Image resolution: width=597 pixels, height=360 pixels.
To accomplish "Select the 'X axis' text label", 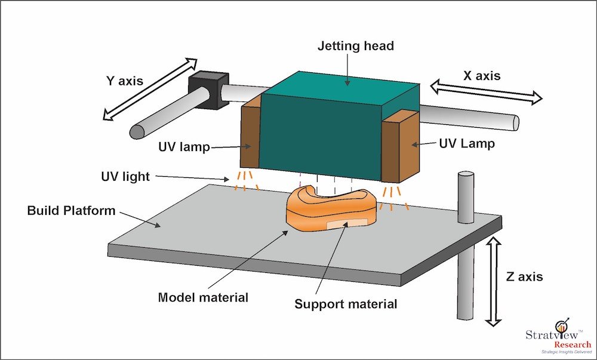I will coord(481,76).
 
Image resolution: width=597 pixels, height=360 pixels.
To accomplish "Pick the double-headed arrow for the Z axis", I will coord(493,281).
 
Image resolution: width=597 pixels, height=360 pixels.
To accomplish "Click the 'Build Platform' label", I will coord(71,211).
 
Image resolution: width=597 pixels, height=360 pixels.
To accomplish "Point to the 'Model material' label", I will coord(203,297).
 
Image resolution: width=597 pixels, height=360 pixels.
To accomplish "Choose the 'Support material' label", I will coord(346,304).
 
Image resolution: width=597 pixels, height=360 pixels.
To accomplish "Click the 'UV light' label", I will coord(125,177).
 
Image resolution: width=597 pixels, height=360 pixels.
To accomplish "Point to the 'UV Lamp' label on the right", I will coord(466,144).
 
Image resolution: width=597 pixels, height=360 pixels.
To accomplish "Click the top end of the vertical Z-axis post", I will coord(466,175).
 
